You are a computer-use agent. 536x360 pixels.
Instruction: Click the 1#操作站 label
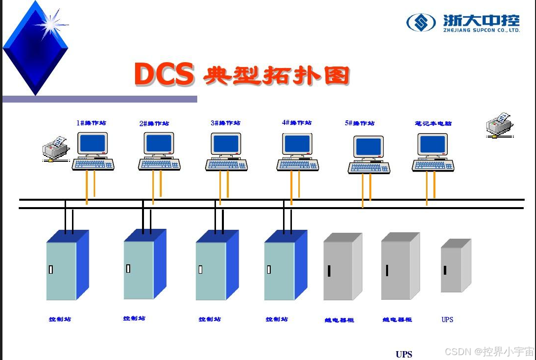click(x=91, y=123)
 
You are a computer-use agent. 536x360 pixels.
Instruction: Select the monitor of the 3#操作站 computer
click(x=226, y=144)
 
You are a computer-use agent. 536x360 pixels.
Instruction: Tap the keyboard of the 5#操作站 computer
click(x=369, y=168)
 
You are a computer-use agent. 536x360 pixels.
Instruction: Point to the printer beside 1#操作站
click(x=54, y=148)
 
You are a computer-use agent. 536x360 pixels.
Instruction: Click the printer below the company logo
click(x=499, y=125)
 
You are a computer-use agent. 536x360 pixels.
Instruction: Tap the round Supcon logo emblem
click(x=421, y=22)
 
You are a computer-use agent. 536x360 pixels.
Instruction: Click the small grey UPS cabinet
click(x=455, y=266)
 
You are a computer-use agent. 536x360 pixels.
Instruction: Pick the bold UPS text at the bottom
click(x=403, y=354)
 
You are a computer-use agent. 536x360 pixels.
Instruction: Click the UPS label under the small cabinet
click(x=447, y=320)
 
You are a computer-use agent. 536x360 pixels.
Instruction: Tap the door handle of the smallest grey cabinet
click(x=445, y=270)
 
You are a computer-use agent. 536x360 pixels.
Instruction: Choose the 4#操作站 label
click(x=296, y=123)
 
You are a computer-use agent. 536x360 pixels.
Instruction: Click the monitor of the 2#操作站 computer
click(x=159, y=144)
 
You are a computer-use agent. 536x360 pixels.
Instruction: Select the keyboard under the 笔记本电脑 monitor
click(x=433, y=166)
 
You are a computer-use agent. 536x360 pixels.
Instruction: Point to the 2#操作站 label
click(x=154, y=123)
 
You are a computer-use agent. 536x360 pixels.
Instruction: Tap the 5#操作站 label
click(x=359, y=123)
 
